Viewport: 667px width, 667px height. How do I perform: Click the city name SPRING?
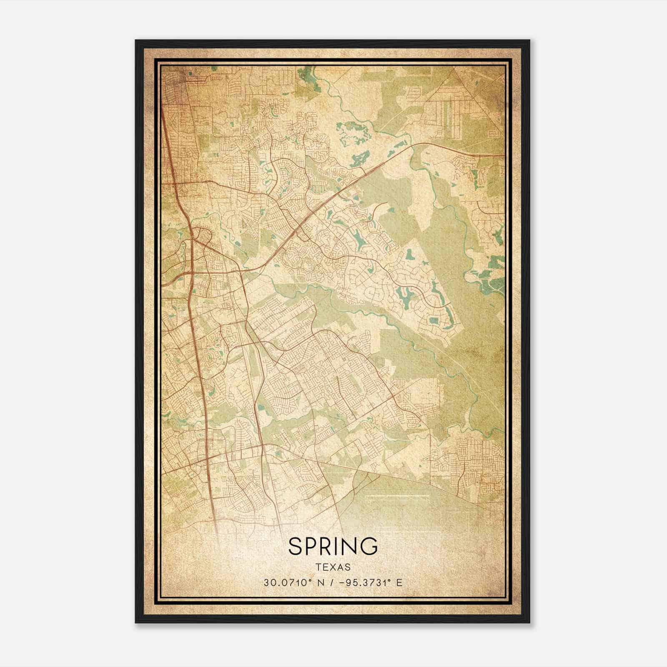pos(333,547)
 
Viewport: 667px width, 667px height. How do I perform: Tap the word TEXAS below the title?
pos(333,567)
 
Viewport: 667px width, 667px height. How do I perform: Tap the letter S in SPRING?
pos(295,547)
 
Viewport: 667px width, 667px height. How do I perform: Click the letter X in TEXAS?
pos(333,567)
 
